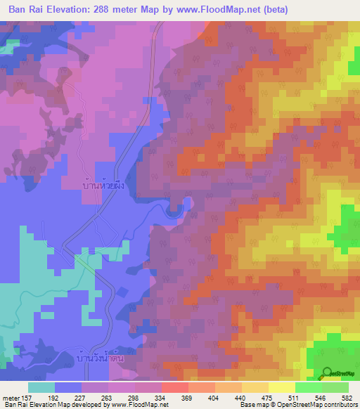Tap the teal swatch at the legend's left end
(x=41, y=387)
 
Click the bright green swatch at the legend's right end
(x=335, y=387)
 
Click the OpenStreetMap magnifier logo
(x=327, y=373)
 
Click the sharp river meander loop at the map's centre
(x=184, y=204)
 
